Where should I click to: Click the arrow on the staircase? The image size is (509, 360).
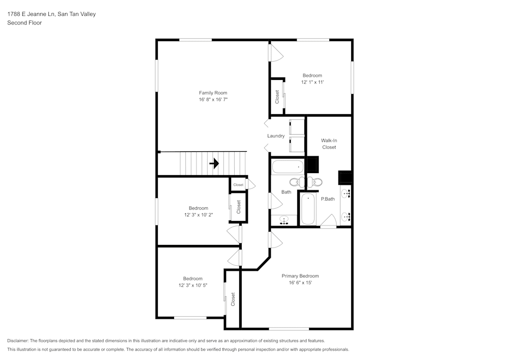point(214,163)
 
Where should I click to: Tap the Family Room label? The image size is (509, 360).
point(213,93)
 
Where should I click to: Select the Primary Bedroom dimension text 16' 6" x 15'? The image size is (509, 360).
point(300,283)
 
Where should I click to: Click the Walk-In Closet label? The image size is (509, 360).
point(328,144)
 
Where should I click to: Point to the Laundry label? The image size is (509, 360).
point(276,136)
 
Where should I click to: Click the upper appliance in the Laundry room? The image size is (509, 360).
point(296,126)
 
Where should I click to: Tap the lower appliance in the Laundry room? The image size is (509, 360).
point(296,144)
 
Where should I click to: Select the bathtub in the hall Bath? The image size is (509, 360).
point(288,167)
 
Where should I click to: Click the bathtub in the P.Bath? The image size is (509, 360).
point(308,209)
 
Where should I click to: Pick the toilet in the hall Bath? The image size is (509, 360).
point(295,182)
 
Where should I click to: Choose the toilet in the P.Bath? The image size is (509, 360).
point(317,182)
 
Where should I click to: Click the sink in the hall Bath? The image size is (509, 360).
point(284,219)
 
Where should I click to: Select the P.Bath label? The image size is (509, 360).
point(327,199)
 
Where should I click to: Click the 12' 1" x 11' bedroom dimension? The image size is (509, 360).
point(312,82)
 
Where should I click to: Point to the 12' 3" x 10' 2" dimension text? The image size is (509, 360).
point(198,215)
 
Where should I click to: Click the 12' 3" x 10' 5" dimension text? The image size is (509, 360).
point(192,286)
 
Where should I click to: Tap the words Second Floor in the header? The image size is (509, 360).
point(24,23)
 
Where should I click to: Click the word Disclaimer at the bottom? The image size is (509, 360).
point(18,341)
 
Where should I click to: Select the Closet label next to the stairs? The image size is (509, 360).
point(238,185)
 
